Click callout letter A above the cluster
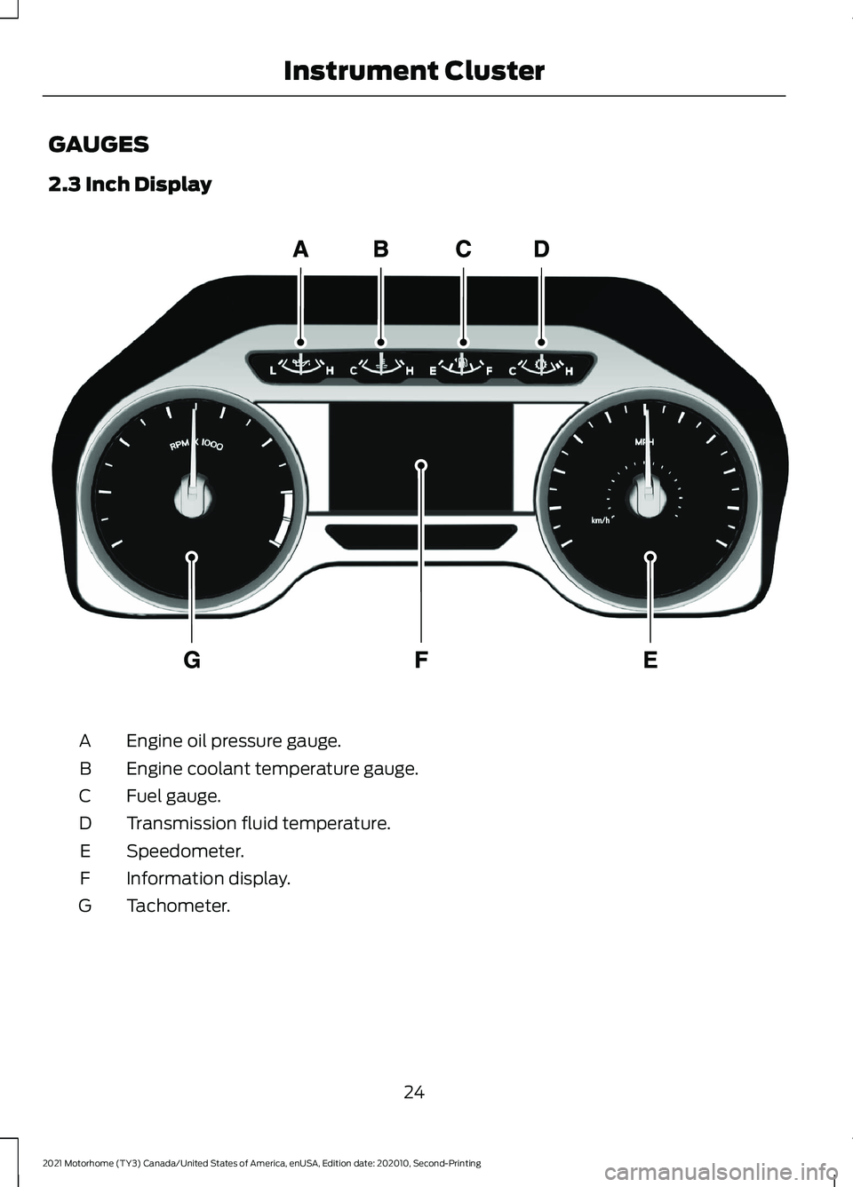pyautogui.click(x=301, y=249)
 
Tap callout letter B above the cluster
pyautogui.click(x=380, y=249)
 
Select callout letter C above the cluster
pyautogui.click(x=463, y=249)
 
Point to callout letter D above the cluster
pyautogui.click(x=541, y=249)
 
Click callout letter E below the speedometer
pyautogui.click(x=650, y=660)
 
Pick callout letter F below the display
pyautogui.click(x=421, y=660)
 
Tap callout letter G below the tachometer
pyautogui.click(x=192, y=660)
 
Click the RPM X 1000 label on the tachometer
pyautogui.click(x=196, y=444)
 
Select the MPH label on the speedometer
pyautogui.click(x=645, y=441)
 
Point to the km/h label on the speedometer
pyautogui.click(x=601, y=520)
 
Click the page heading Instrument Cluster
pyautogui.click(x=414, y=71)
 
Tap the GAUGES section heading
pyautogui.click(x=99, y=144)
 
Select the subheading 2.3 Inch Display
pyautogui.click(x=130, y=185)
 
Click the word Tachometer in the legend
pyautogui.click(x=178, y=906)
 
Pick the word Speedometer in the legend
pyautogui.click(x=185, y=851)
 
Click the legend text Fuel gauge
pyautogui.click(x=173, y=795)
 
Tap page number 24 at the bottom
pyautogui.click(x=414, y=1092)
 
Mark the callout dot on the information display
pyautogui.click(x=421, y=465)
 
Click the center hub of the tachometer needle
pyautogui.click(x=193, y=497)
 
